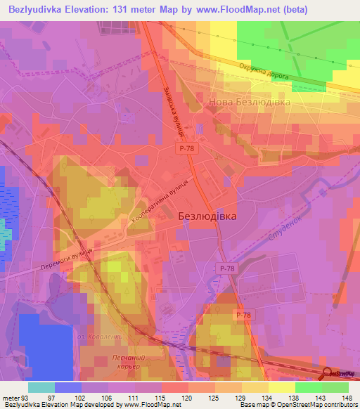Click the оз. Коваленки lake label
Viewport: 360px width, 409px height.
(103, 337)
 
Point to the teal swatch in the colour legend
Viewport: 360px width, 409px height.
(41, 387)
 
